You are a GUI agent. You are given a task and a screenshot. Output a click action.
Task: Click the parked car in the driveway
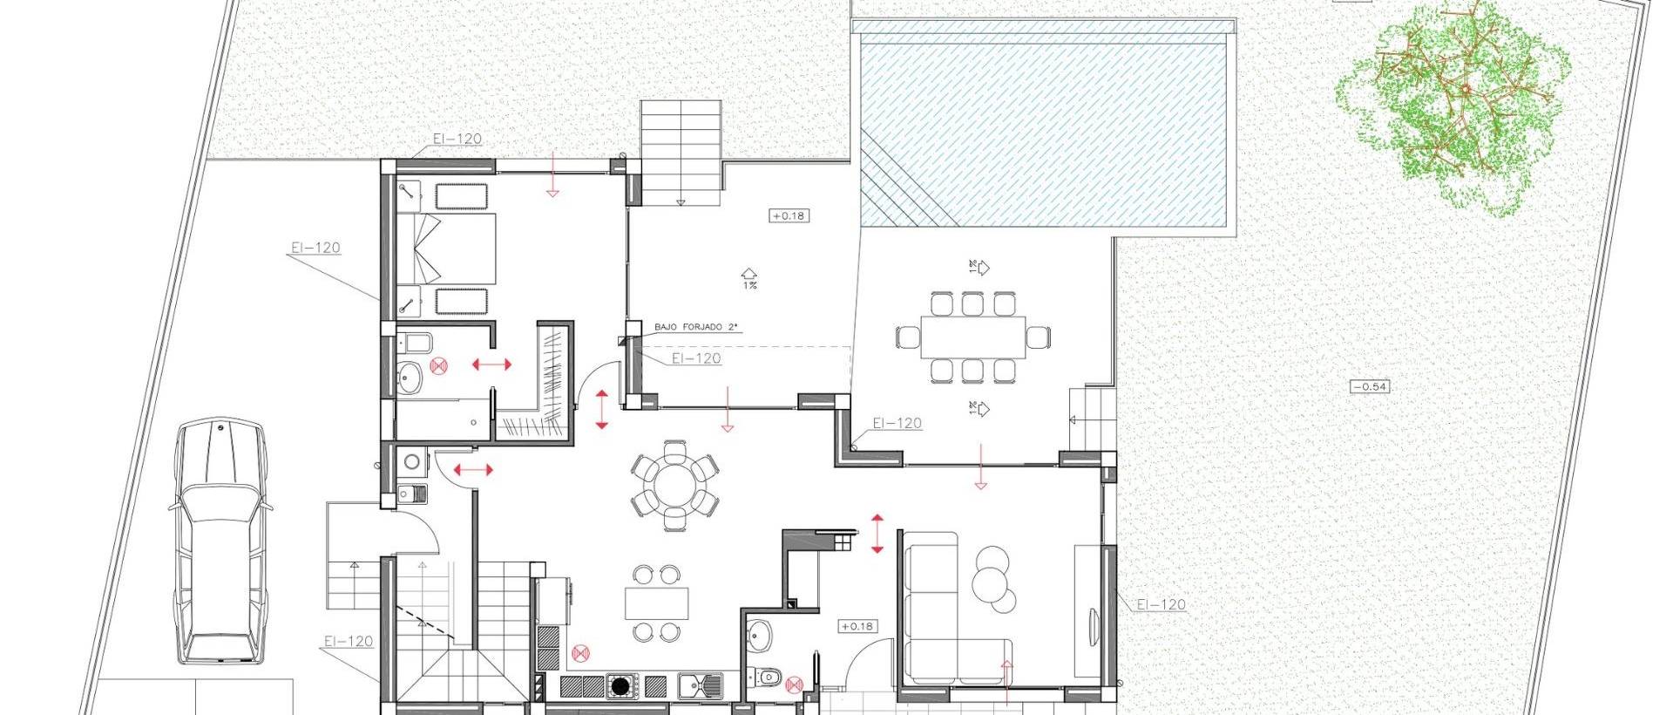click(220, 541)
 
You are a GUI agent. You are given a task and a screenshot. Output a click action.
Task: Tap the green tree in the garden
click(1453, 105)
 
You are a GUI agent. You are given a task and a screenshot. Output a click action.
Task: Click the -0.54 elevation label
click(1369, 386)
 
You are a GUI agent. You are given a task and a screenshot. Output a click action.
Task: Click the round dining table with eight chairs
click(674, 485)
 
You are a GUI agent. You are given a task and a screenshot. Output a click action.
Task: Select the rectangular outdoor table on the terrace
click(972, 337)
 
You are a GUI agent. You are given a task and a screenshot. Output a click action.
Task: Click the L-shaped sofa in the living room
click(941, 610)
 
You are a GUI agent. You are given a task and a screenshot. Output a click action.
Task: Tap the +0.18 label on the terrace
click(789, 214)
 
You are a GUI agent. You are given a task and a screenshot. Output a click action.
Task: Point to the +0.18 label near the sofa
click(857, 626)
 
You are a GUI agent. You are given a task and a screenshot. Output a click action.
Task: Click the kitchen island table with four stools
click(656, 603)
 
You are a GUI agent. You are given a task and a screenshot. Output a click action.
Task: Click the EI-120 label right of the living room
click(1161, 604)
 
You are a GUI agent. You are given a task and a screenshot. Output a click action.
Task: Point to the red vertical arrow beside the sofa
click(877, 533)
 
